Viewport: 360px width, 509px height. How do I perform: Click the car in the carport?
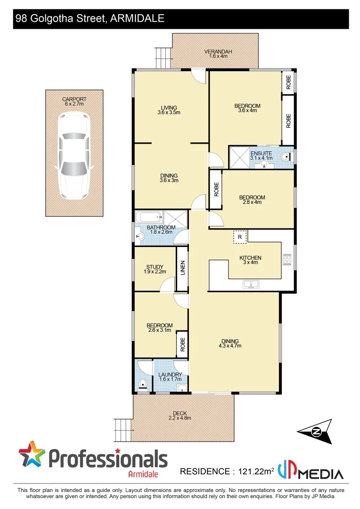click(x=74, y=156)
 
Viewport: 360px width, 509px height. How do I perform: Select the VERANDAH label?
click(x=218, y=52)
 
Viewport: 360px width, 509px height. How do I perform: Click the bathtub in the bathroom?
click(x=149, y=217)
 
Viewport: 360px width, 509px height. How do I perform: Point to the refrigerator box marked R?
click(x=240, y=237)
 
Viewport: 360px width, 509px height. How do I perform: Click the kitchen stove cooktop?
click(x=287, y=259)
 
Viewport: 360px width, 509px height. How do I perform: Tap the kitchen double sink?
click(x=250, y=284)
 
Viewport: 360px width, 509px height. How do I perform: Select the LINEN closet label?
click(x=182, y=268)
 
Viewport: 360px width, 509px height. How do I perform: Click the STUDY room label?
click(x=155, y=267)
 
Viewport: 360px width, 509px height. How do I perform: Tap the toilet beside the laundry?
click(x=142, y=384)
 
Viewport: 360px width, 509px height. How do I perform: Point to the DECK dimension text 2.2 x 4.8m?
click(x=180, y=418)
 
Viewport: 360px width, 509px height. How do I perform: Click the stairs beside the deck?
click(x=122, y=428)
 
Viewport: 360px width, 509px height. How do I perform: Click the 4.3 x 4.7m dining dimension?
click(x=229, y=346)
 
